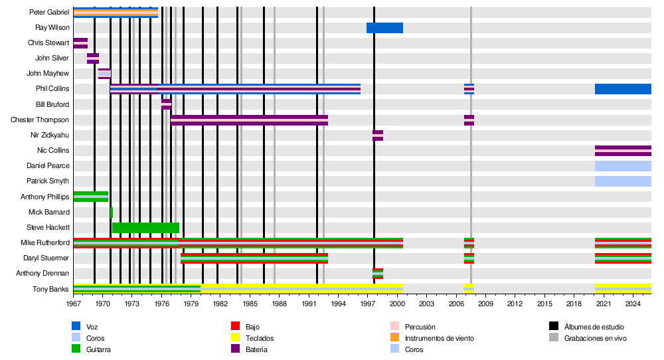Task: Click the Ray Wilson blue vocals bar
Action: tap(384, 28)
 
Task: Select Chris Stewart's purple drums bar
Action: tap(80, 43)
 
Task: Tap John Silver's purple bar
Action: tap(93, 58)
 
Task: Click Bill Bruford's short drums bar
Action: tap(166, 104)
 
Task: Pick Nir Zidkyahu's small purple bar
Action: tap(378, 135)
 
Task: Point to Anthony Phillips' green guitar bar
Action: tap(91, 197)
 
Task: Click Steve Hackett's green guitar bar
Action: tap(145, 228)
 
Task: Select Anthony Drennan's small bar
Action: tap(378, 274)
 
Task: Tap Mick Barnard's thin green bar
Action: tap(112, 213)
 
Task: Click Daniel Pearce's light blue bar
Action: tap(623, 166)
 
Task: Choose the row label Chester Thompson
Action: tap(40, 120)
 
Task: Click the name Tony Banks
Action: tap(50, 289)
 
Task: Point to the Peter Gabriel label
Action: tap(48, 13)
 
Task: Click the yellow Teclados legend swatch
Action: tap(235, 338)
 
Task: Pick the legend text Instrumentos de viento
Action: tap(439, 338)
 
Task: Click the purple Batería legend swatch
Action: tap(235, 349)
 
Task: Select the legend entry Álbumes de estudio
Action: tap(594, 327)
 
